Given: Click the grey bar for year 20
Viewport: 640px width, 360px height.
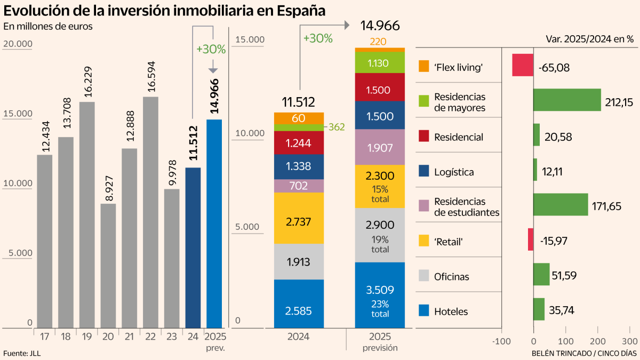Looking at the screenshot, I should click(x=108, y=266).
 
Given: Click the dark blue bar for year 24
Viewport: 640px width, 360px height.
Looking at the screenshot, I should click(x=193, y=247).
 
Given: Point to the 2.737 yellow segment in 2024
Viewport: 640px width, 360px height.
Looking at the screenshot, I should click(x=299, y=218).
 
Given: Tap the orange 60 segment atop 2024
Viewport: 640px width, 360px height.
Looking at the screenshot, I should click(x=299, y=118).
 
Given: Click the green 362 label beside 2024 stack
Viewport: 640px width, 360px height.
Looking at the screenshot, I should click(x=337, y=127).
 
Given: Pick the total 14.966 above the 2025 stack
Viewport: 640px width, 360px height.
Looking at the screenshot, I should click(x=380, y=26).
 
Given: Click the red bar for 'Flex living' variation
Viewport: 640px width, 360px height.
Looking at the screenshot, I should click(x=523, y=65).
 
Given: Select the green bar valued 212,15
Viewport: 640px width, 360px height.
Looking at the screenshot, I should click(x=567, y=100).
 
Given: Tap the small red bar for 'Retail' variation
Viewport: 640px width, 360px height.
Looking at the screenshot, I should click(x=531, y=239).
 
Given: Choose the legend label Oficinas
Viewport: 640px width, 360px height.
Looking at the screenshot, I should click(x=452, y=276).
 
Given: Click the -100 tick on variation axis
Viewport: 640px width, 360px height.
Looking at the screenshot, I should click(x=501, y=341).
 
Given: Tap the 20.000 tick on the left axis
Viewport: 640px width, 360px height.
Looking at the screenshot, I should click(x=18, y=44).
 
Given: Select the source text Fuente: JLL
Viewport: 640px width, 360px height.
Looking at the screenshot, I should click(x=22, y=353).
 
